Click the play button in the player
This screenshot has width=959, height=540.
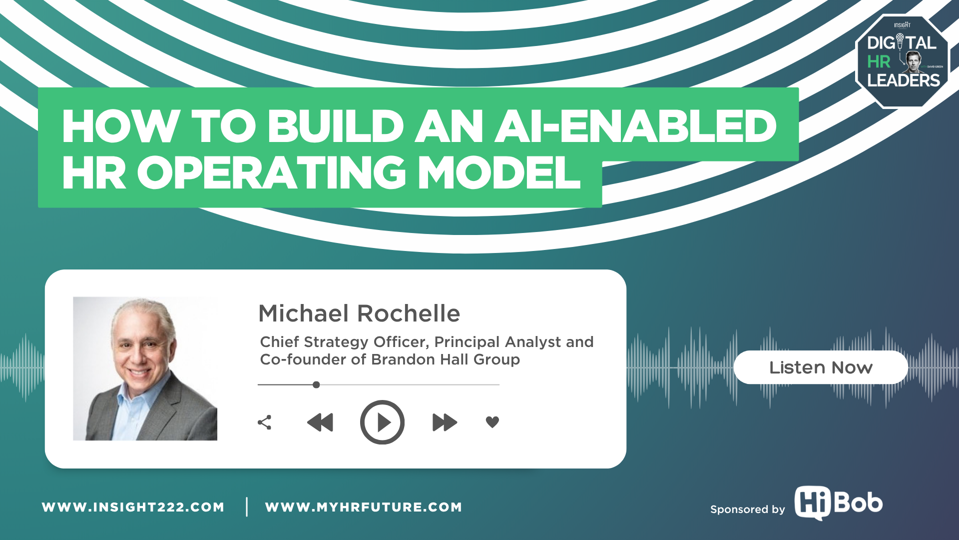(382, 422)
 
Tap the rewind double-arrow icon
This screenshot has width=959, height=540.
(320, 422)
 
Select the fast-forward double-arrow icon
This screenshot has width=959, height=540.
(445, 422)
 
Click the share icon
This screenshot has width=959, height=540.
(265, 422)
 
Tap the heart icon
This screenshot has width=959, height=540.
(492, 422)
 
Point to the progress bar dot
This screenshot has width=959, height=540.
(316, 384)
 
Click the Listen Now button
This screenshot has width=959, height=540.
(821, 367)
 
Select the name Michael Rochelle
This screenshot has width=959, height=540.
(359, 313)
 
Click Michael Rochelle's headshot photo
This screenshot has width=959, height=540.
(145, 368)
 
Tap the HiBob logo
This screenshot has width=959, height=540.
(839, 503)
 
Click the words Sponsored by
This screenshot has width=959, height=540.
(748, 509)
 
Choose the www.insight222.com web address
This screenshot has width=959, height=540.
(133, 507)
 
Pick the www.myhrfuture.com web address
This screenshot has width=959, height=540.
(364, 507)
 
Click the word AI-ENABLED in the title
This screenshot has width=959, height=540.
(635, 126)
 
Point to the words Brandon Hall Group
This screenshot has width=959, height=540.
(446, 359)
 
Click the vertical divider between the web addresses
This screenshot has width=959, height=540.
(247, 506)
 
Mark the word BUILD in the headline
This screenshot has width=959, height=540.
(336, 126)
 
